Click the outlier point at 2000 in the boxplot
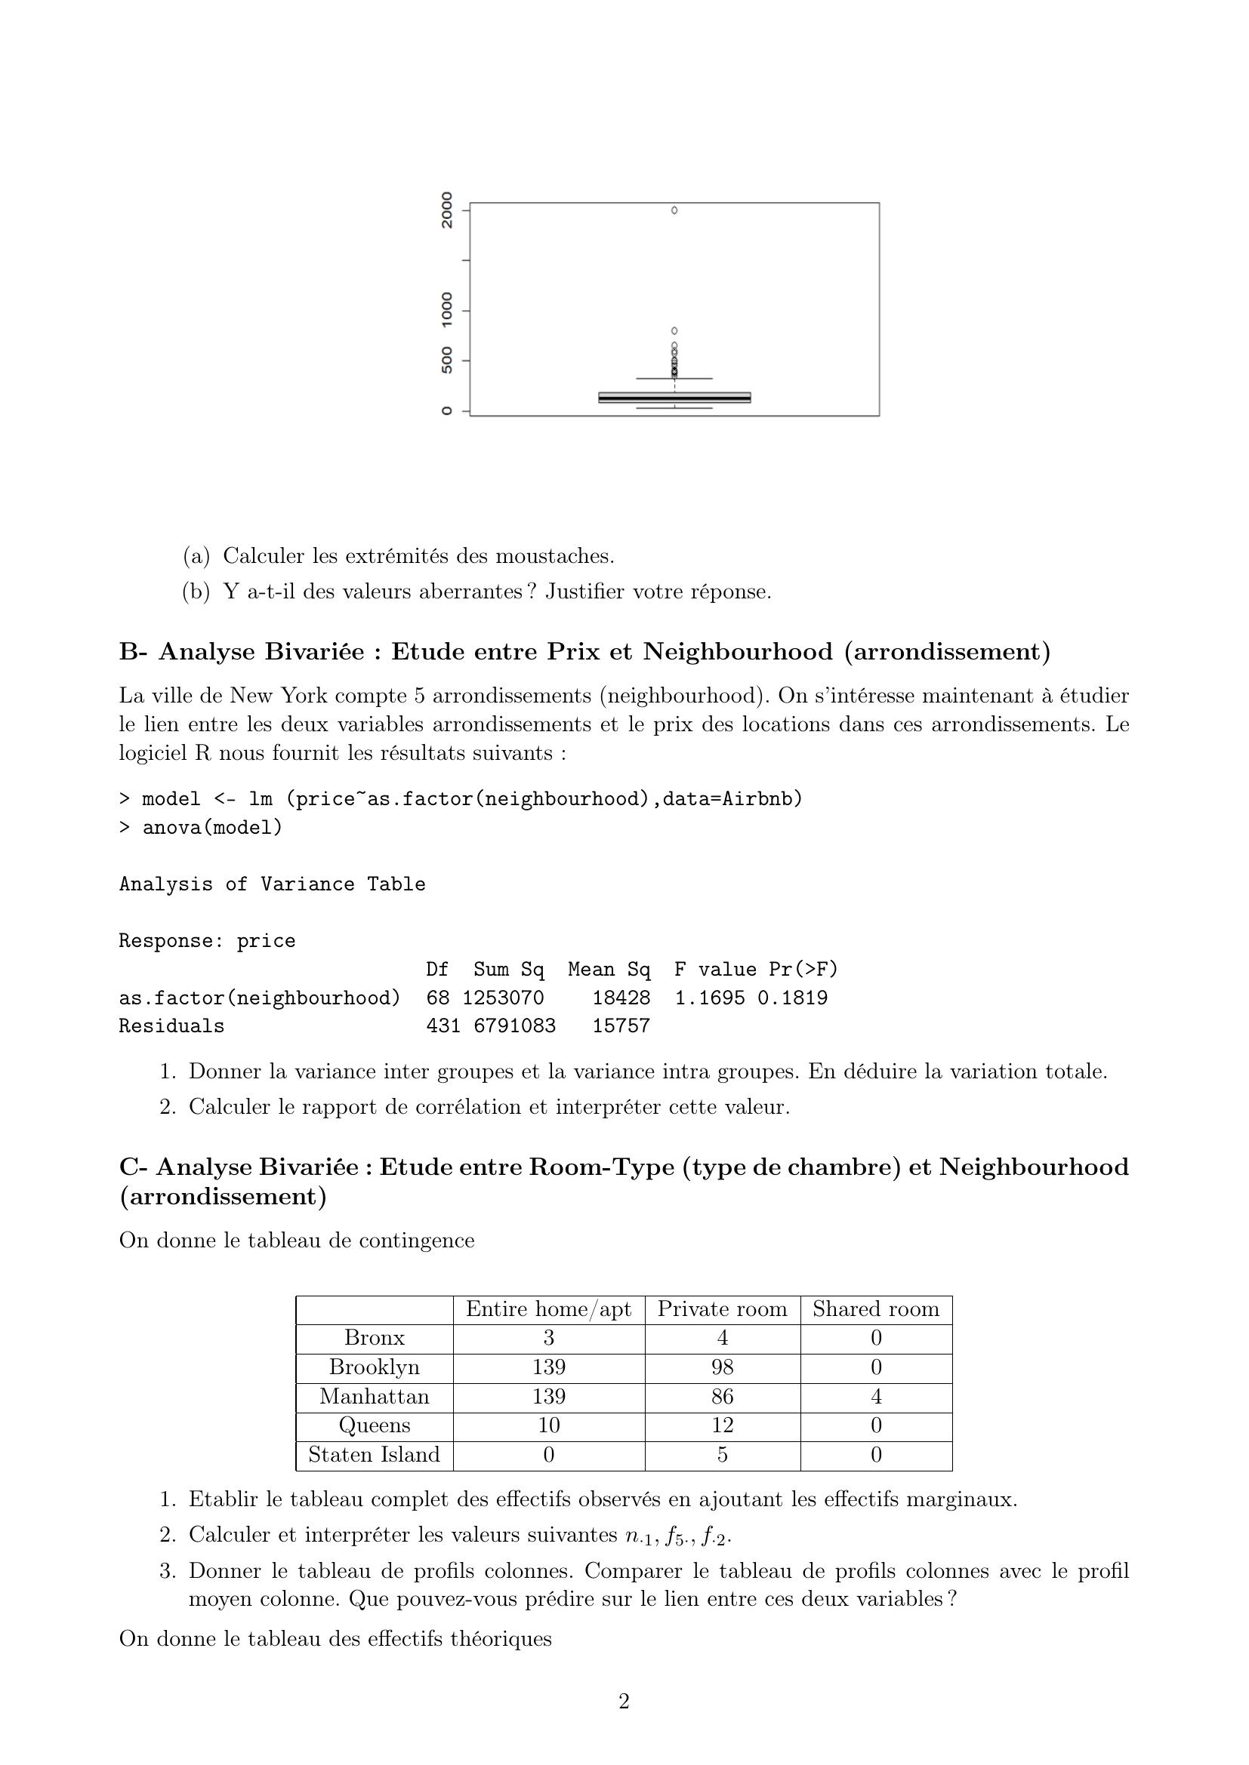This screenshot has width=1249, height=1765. (674, 210)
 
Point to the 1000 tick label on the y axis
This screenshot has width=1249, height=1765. (447, 311)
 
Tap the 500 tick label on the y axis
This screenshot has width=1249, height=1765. (447, 361)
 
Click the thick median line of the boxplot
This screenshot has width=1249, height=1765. (674, 398)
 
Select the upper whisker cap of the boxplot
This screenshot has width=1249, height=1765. (674, 378)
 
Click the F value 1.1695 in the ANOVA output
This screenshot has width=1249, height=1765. (710, 998)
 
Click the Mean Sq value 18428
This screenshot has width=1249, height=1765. (621, 998)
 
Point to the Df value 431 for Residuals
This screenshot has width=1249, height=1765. (443, 1026)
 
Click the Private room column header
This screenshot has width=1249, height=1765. (722, 1309)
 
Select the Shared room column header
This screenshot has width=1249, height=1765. (876, 1309)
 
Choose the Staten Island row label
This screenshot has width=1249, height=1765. (375, 1454)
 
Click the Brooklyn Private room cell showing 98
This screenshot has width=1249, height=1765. (722, 1367)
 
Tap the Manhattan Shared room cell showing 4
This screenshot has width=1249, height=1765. (876, 1396)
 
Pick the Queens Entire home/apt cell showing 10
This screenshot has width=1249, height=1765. (548, 1425)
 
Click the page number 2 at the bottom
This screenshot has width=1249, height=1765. (624, 1701)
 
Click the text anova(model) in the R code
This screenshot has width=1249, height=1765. (212, 827)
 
